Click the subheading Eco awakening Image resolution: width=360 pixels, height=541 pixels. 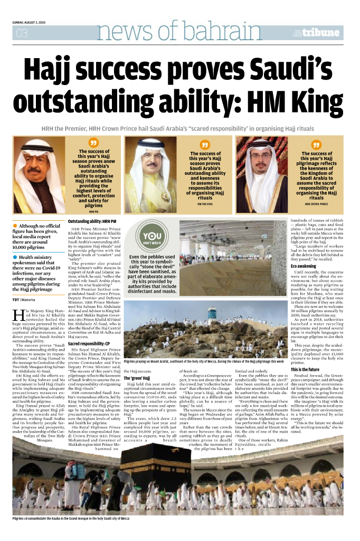point(303,266)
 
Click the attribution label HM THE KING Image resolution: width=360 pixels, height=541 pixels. point(205,203)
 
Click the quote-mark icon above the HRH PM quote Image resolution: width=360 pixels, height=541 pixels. point(94,143)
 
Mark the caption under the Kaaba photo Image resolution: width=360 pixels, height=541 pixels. point(71,519)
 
